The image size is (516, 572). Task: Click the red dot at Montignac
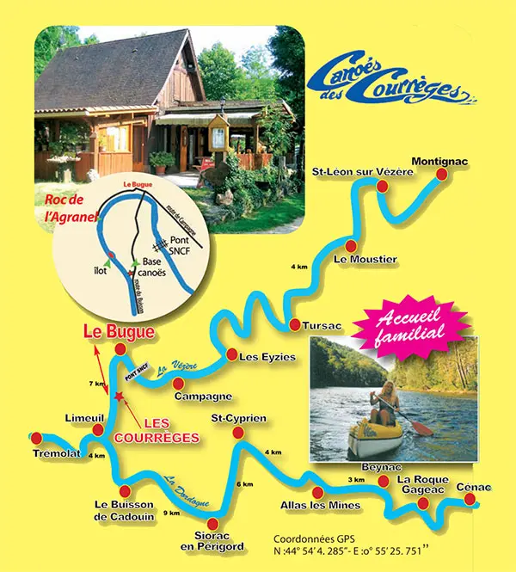442,175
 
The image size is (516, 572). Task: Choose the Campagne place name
203,396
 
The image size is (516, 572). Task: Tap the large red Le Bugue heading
119,331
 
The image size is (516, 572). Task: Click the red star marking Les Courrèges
119,397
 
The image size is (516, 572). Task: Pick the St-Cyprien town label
238,418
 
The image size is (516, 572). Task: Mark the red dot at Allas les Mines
318,493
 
